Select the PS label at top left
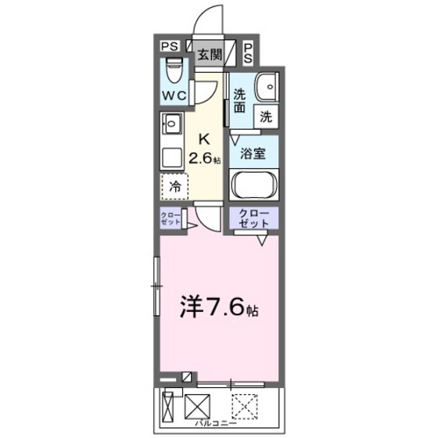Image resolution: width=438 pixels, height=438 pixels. [170, 47]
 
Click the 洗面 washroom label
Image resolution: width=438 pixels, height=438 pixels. [240, 102]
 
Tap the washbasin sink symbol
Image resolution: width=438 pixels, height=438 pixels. [267, 87]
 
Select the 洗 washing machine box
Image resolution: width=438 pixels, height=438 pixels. [266, 117]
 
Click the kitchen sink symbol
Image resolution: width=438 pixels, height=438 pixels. [172, 124]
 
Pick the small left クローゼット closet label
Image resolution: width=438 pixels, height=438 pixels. [171, 219]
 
